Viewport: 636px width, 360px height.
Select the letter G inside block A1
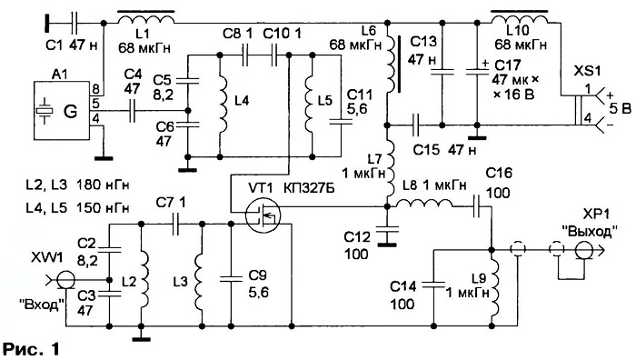tap(70, 111)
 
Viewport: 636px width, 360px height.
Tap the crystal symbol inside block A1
tap(45, 110)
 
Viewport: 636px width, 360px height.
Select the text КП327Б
tap(308, 189)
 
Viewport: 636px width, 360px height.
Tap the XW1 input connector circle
tap(65, 280)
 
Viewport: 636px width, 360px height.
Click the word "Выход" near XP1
tap(591, 231)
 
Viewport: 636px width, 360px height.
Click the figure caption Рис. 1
tap(31, 349)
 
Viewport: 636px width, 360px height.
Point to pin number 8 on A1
tap(94, 89)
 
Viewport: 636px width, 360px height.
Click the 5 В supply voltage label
tap(617, 109)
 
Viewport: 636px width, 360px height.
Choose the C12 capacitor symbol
tap(387, 231)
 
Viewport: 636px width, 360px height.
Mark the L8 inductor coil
tap(424, 203)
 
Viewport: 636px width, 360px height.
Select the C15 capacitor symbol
tap(415, 125)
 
